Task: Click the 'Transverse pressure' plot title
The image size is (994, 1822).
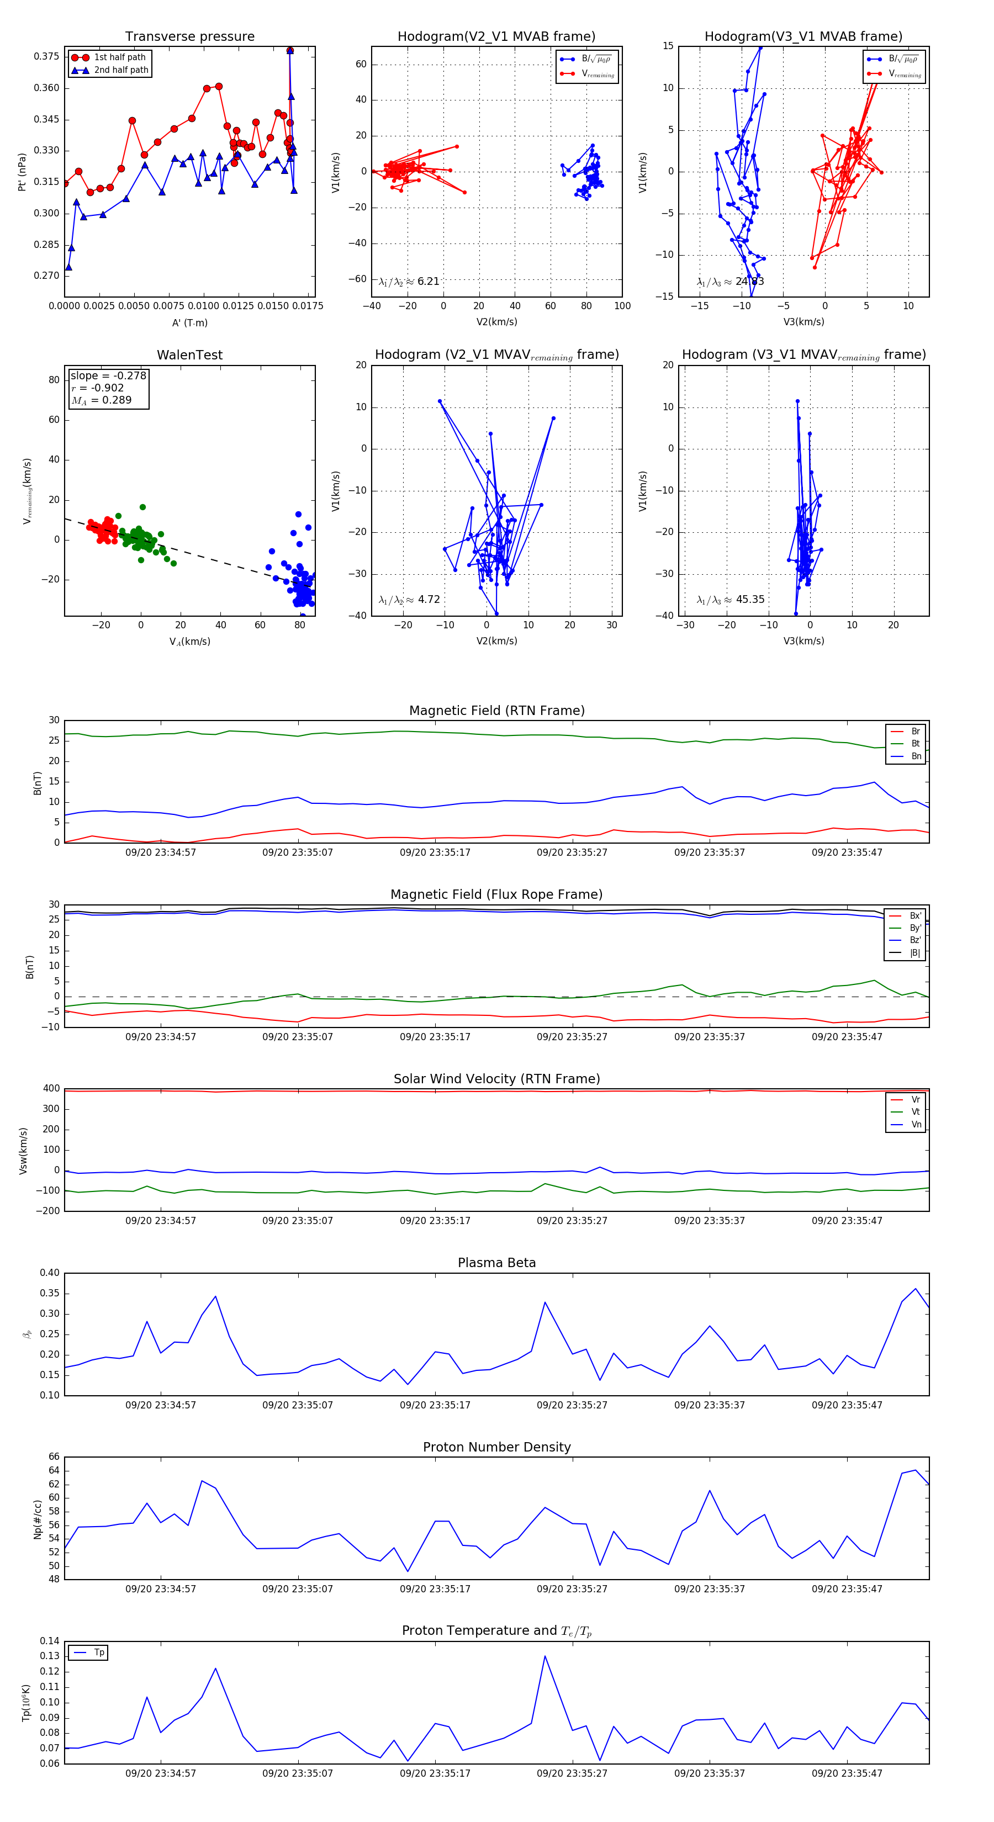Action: coord(189,37)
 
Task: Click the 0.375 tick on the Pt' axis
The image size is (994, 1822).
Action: coord(46,56)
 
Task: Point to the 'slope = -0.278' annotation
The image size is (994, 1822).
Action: coord(108,375)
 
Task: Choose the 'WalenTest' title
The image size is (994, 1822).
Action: coord(189,355)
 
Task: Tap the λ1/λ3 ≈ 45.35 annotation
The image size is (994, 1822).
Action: coord(730,600)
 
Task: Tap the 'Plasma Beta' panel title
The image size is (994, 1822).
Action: coord(496,1263)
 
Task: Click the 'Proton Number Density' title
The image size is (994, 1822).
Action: coord(496,1447)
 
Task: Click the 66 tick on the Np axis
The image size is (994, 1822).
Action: coord(54,1456)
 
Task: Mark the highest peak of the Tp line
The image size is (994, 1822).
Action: coord(544,1656)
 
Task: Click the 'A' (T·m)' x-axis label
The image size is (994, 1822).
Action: coord(189,322)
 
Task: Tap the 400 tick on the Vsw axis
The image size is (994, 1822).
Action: coord(51,1089)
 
